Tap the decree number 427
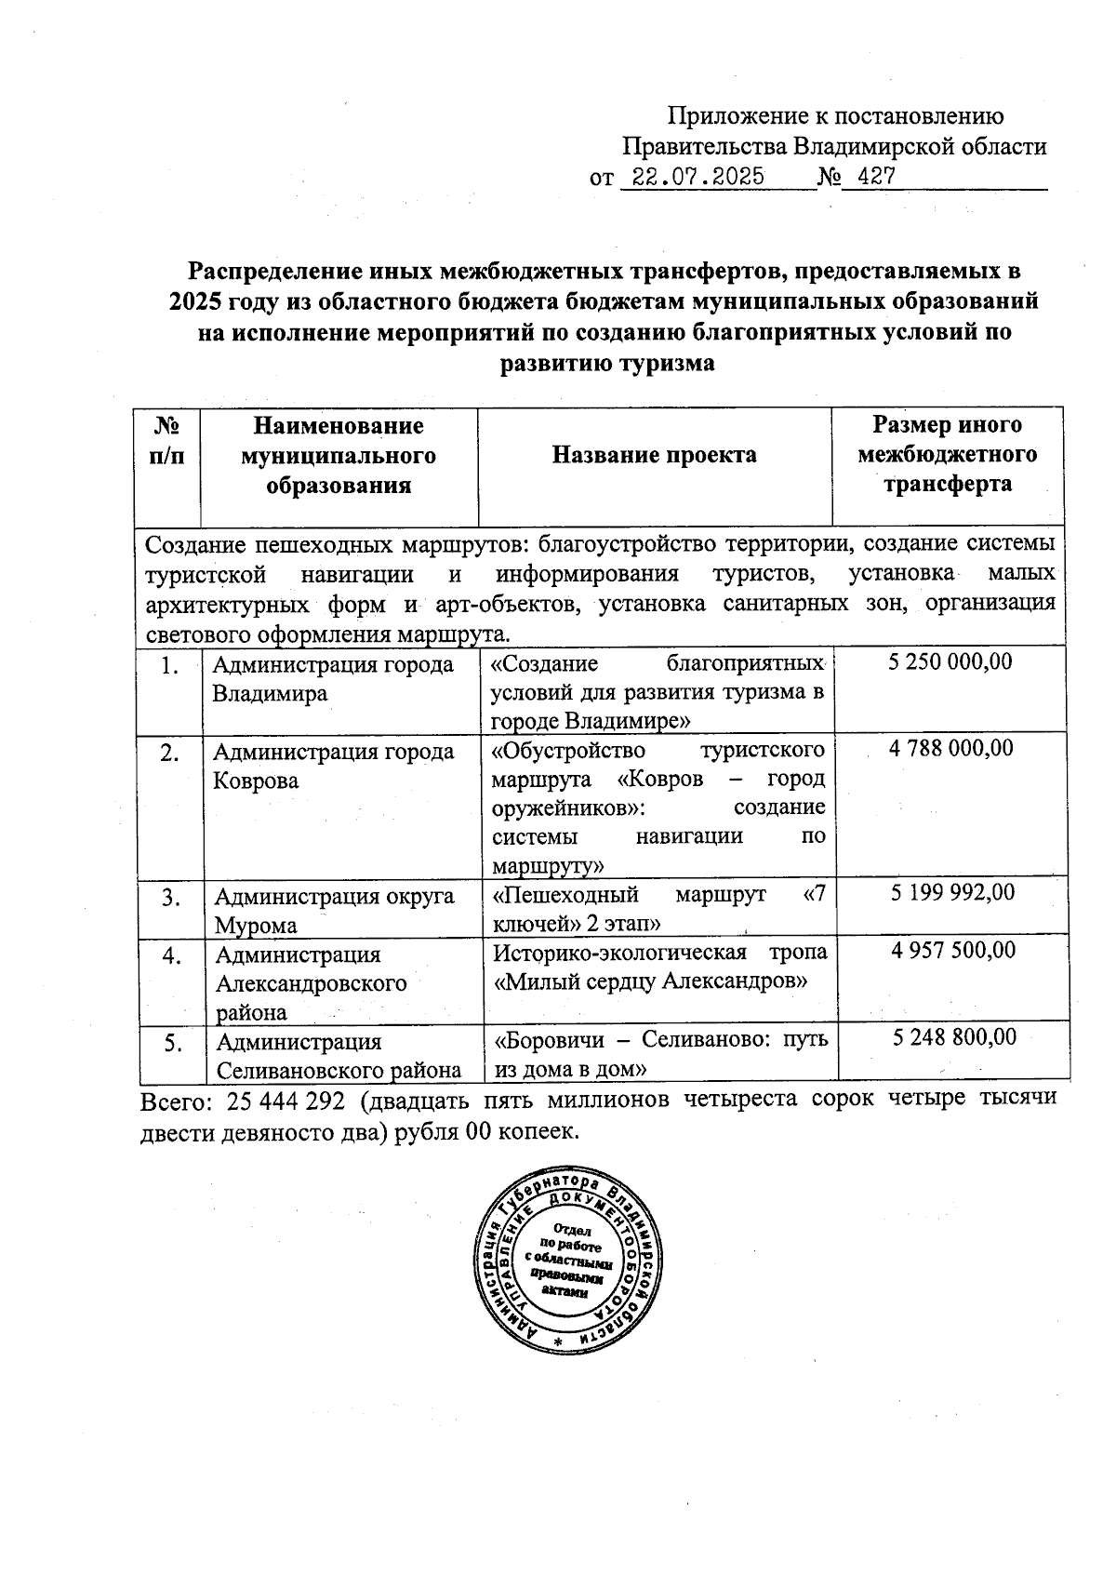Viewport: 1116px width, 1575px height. point(876,177)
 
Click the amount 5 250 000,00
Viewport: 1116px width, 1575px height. point(950,662)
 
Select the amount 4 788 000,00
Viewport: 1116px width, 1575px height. point(950,748)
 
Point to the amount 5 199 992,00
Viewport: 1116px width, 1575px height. point(952,893)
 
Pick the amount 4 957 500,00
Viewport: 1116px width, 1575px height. point(952,950)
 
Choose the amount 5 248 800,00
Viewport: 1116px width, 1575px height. point(954,1037)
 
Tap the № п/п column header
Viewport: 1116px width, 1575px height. point(167,441)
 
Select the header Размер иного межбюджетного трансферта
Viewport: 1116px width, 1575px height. point(947,455)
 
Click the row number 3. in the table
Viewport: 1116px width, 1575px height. point(170,897)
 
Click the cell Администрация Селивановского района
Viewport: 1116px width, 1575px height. point(339,1056)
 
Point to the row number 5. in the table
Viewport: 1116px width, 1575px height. point(173,1044)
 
